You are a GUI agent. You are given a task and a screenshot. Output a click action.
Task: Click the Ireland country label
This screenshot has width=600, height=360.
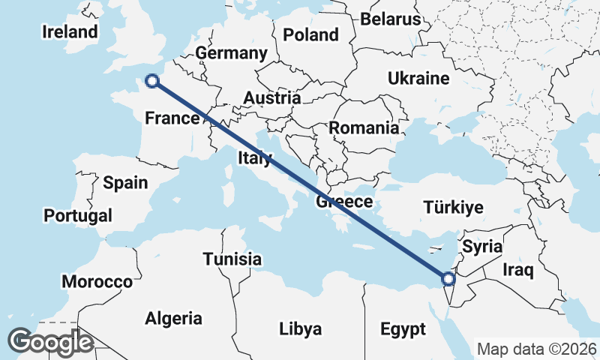pos(70,31)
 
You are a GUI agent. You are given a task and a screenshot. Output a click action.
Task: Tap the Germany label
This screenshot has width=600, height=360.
pos(231,53)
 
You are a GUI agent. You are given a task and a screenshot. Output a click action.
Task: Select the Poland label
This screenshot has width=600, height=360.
pos(310,34)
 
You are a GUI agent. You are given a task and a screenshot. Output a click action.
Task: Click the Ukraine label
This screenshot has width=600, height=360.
pos(418,78)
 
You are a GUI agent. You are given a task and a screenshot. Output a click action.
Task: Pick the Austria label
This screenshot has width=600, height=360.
pos(271,97)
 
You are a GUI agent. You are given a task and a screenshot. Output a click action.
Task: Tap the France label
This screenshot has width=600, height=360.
pos(172,118)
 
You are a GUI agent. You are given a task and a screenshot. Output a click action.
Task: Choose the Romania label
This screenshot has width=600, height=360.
pos(364,127)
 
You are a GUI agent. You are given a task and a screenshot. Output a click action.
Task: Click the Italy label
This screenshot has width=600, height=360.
pos(254,157)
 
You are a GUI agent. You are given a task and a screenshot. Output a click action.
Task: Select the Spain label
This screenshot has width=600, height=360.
pos(125,182)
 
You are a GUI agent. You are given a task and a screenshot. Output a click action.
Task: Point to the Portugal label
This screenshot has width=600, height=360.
pos(78,216)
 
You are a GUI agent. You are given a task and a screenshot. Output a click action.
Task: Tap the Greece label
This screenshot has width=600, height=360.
pos(344,202)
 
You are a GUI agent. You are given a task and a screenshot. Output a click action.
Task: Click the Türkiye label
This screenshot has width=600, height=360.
pos(453,208)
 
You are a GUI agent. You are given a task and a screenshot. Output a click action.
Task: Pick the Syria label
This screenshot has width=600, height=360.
pos(481,246)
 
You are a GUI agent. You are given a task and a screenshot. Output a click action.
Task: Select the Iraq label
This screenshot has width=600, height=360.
pos(518,270)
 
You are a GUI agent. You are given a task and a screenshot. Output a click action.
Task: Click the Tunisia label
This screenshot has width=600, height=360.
pos(232,259)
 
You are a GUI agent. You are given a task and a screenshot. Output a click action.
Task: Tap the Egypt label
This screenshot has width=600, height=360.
pos(403,329)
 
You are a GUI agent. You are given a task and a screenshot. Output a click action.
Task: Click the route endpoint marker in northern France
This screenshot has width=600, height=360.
pos(152,81)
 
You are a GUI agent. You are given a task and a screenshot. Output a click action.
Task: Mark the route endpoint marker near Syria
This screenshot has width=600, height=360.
pos(448,279)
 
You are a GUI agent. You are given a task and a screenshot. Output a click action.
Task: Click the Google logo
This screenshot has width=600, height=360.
pos(50,342)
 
